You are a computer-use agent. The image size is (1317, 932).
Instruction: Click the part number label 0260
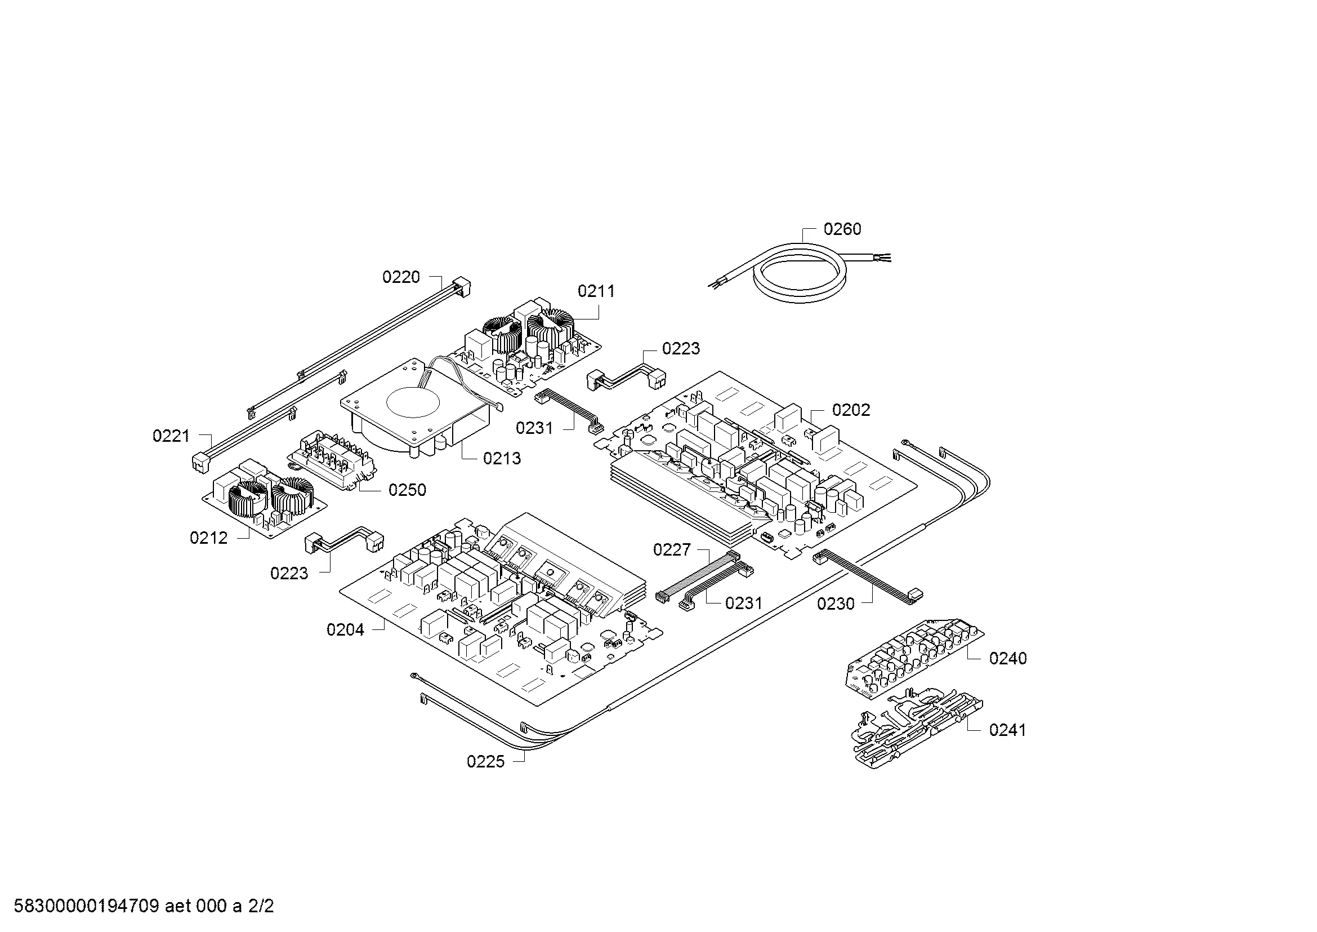tap(842, 229)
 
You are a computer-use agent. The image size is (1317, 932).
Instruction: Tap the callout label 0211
tap(596, 291)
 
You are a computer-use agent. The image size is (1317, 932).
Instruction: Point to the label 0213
tap(502, 458)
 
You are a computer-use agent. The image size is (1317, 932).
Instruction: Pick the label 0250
tap(407, 490)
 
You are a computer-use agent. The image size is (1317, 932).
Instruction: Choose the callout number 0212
tap(209, 538)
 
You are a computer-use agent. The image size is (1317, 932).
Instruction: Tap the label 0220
tap(401, 277)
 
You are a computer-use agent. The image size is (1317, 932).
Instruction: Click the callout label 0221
tap(171, 436)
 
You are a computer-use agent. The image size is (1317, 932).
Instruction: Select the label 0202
tap(851, 410)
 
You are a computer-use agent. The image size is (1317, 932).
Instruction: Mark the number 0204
tap(345, 629)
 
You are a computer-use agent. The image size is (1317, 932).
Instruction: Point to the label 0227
tap(672, 550)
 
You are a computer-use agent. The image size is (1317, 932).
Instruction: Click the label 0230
tap(836, 603)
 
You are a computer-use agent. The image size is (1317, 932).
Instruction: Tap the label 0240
tap(1008, 658)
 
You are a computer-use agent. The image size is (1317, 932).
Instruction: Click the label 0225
tap(485, 762)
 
